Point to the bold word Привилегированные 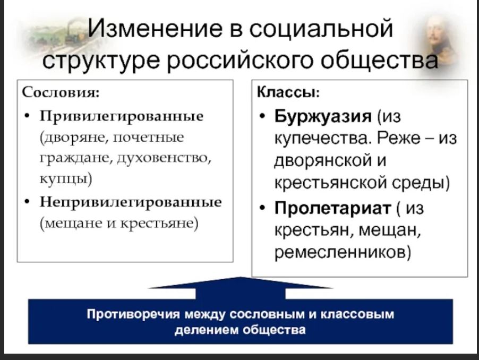pos(122,116)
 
